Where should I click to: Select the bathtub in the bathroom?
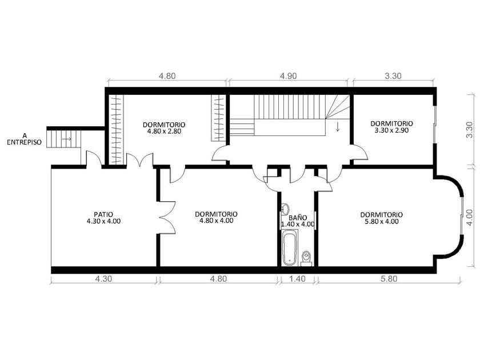[289, 247]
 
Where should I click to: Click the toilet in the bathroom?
[306, 258]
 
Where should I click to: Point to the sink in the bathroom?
[285, 209]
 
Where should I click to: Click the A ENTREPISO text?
[24, 139]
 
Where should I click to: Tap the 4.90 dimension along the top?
[289, 76]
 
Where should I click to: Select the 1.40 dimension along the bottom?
[297, 279]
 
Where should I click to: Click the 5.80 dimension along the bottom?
[389, 279]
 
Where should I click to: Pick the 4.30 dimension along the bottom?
[104, 279]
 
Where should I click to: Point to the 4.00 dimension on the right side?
[470, 218]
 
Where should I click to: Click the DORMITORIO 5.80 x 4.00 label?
[382, 218]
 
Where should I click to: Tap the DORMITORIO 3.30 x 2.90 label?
[391, 127]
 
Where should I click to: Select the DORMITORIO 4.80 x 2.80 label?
[164, 128]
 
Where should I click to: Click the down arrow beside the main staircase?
[338, 127]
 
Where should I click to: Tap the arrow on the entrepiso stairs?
[67, 139]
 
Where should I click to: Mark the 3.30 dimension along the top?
[393, 76]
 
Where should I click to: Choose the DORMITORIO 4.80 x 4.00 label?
[216, 217]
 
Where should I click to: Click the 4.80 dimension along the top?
[167, 76]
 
